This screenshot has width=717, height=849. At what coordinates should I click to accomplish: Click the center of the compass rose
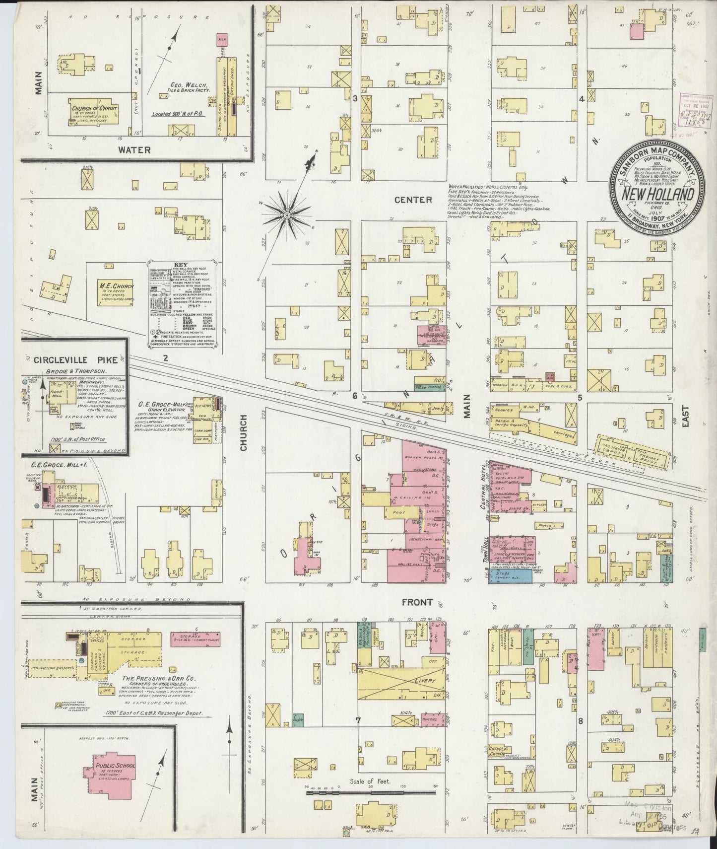pyautogui.click(x=287, y=214)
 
